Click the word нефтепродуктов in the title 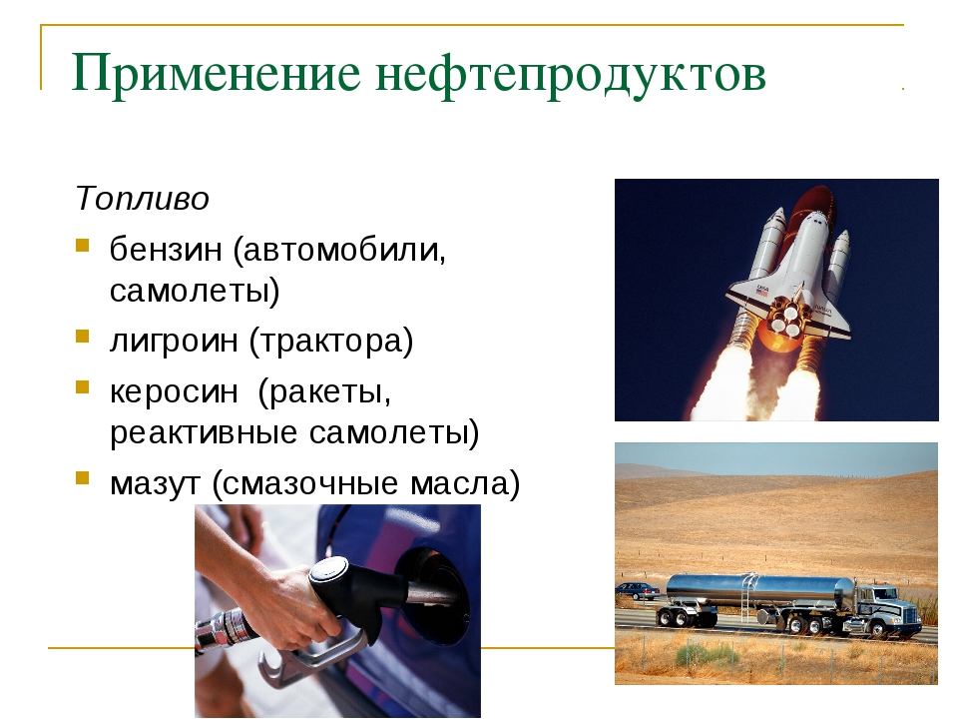coord(571,74)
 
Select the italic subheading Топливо coord(142,198)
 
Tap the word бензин coord(165,249)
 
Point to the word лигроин coord(174,341)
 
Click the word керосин coord(174,391)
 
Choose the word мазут coord(156,483)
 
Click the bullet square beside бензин coord(83,246)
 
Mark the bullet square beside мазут coord(83,477)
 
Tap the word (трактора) coord(331,341)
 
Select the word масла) coord(465,483)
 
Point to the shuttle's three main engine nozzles coord(785,318)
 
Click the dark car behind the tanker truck coord(638,590)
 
